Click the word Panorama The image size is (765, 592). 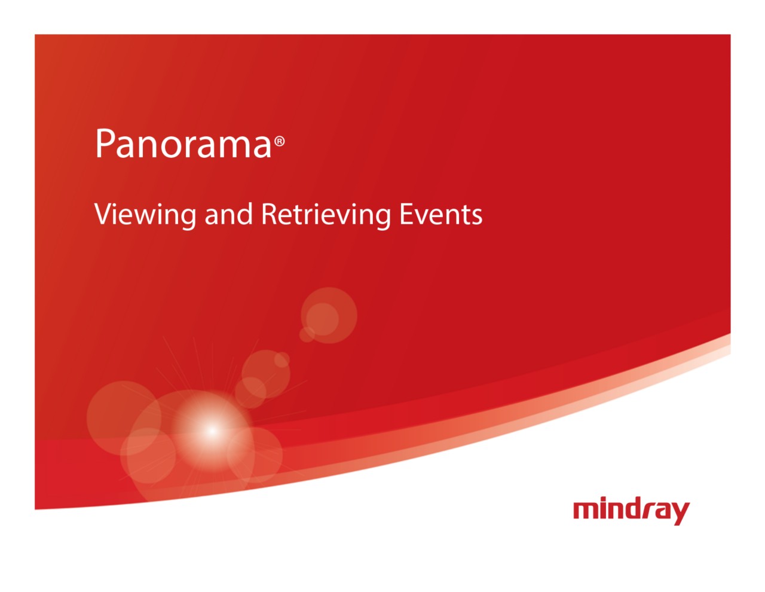click(x=183, y=143)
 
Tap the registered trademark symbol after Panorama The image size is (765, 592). click(x=279, y=141)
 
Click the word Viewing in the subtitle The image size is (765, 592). click(x=145, y=215)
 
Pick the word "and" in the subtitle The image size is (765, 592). click(x=228, y=213)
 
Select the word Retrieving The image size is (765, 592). click(x=326, y=215)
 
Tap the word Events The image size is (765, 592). click(x=440, y=214)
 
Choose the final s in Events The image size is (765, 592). click(x=476, y=217)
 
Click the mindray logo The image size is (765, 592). click(x=631, y=510)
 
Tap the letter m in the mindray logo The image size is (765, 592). click(x=587, y=510)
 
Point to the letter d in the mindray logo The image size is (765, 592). click(x=634, y=508)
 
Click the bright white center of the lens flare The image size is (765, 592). click(x=212, y=431)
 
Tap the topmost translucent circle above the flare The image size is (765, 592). click(x=329, y=315)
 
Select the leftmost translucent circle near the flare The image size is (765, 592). click(x=124, y=418)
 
